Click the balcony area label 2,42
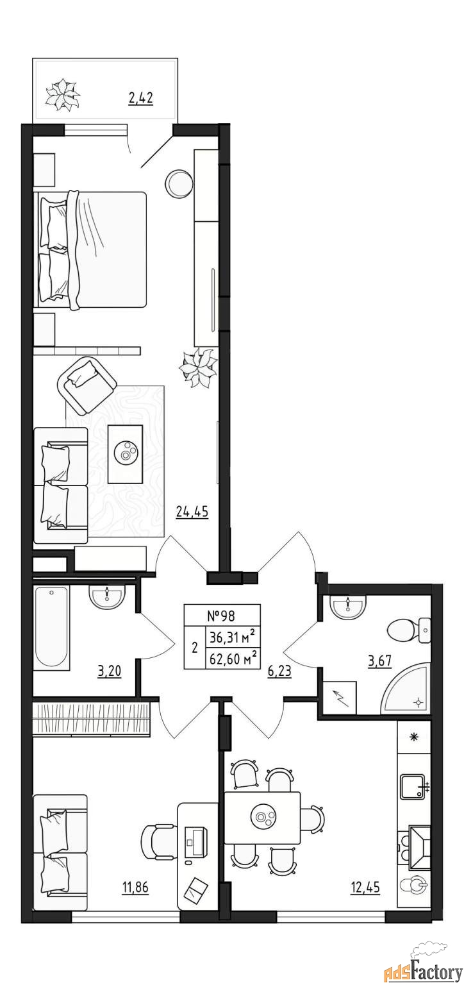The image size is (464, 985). (140, 97)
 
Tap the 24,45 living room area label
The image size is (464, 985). (192, 512)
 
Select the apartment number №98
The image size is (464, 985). (222, 616)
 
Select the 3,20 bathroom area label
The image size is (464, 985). (109, 671)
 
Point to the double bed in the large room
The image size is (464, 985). (91, 249)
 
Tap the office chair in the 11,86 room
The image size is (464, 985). (159, 842)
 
